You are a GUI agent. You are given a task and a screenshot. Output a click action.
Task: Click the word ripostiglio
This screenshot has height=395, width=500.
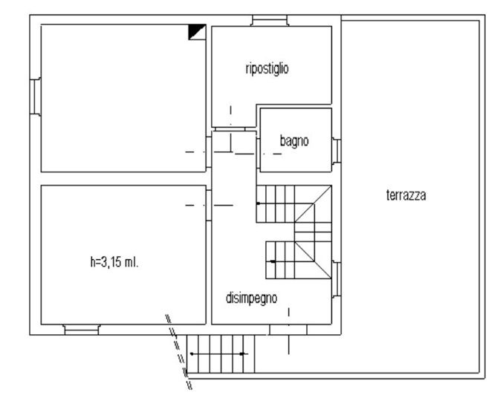[x=267, y=69]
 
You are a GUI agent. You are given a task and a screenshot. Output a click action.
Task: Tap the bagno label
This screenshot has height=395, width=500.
[x=294, y=141]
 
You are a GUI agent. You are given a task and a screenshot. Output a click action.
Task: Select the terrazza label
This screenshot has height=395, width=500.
[x=406, y=195]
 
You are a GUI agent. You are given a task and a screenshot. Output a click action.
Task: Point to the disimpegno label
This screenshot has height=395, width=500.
[x=252, y=298]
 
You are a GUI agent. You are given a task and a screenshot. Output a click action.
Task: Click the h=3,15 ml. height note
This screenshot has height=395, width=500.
[x=114, y=262]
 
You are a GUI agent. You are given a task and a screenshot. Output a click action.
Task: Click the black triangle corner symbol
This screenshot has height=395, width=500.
[x=197, y=32]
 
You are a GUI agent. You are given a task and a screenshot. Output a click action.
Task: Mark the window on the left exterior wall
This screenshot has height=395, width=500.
[x=36, y=97]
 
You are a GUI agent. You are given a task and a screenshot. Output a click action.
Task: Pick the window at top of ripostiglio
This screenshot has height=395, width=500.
[x=270, y=20]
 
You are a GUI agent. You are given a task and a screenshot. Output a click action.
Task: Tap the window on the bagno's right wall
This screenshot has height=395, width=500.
[x=337, y=151]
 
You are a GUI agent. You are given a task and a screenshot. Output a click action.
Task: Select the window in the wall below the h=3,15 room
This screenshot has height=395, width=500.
[x=82, y=330]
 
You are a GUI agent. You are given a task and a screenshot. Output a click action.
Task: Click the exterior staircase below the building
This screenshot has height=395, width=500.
[x=221, y=353]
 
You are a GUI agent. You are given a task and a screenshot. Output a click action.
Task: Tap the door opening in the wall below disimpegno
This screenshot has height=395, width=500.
[x=288, y=330]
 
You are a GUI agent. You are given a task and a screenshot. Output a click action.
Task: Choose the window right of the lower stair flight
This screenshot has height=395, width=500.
[x=337, y=280]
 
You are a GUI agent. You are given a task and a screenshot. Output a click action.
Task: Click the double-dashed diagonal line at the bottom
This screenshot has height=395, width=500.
[x=178, y=352]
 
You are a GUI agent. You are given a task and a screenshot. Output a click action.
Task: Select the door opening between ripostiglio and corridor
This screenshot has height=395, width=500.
[x=230, y=129]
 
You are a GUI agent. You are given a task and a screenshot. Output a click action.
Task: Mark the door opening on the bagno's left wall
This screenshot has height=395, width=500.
[x=258, y=153]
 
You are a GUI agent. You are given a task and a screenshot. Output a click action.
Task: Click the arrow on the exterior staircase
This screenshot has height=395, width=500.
[x=218, y=353]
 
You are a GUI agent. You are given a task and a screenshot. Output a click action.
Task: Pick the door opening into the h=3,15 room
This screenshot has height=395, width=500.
[x=209, y=205]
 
